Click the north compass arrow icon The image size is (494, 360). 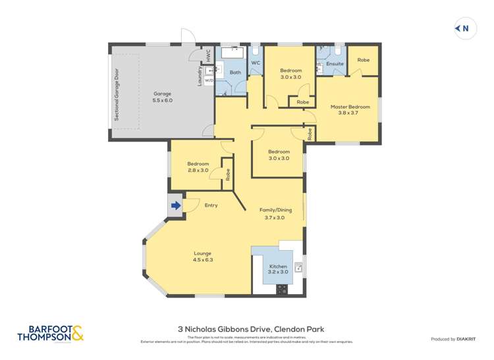(x=462, y=28)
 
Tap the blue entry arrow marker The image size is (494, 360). (x=176, y=206)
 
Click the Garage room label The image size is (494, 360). (x=163, y=93)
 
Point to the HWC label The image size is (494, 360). (x=208, y=56)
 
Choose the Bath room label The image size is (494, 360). (x=235, y=72)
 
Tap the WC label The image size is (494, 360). (x=256, y=63)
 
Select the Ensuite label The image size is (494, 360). (x=335, y=64)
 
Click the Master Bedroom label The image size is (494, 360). (x=350, y=107)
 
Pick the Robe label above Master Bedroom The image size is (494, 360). (x=363, y=60)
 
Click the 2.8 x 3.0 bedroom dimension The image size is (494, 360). (x=198, y=170)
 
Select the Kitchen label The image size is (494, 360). (x=278, y=266)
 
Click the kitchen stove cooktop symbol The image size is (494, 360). (x=283, y=288)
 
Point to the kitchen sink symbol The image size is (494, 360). (x=298, y=267)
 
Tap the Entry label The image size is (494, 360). (x=211, y=205)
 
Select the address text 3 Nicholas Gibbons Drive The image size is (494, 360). (x=250, y=329)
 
